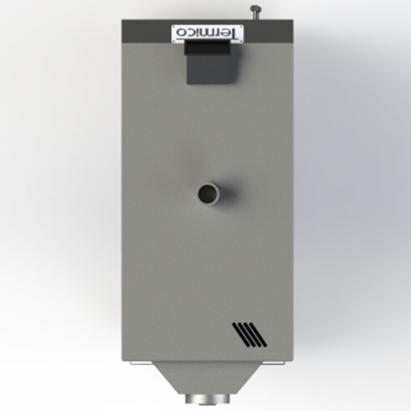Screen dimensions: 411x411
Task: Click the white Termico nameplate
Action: pos(207,34)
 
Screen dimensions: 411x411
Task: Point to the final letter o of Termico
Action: pos(180,33)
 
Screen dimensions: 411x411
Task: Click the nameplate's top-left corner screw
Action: pos(174,27)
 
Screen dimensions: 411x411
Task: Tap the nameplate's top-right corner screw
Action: pos(241,27)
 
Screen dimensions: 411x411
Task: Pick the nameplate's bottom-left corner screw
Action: pos(174,41)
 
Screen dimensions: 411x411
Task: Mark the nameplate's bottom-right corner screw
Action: pos(241,41)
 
